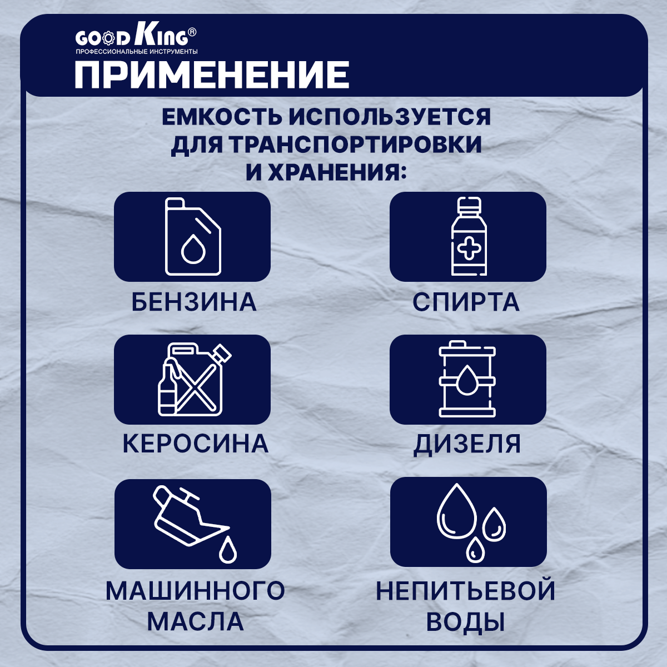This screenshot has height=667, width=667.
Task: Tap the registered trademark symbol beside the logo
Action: [x=192, y=32]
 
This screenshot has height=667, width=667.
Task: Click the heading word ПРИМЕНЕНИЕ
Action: [x=212, y=75]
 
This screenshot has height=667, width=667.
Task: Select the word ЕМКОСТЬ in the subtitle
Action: [x=222, y=117]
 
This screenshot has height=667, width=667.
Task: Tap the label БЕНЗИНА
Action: [x=194, y=302]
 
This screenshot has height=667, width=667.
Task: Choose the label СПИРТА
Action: [x=466, y=302]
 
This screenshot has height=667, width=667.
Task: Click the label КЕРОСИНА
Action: [x=196, y=444]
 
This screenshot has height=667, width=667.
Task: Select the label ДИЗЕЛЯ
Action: [x=467, y=445]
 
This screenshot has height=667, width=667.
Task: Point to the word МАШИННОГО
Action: [x=195, y=591]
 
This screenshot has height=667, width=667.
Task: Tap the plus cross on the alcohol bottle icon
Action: [x=469, y=248]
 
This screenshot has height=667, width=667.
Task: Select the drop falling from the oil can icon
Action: [x=228, y=550]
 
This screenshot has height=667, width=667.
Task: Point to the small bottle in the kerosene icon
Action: [x=167, y=387]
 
